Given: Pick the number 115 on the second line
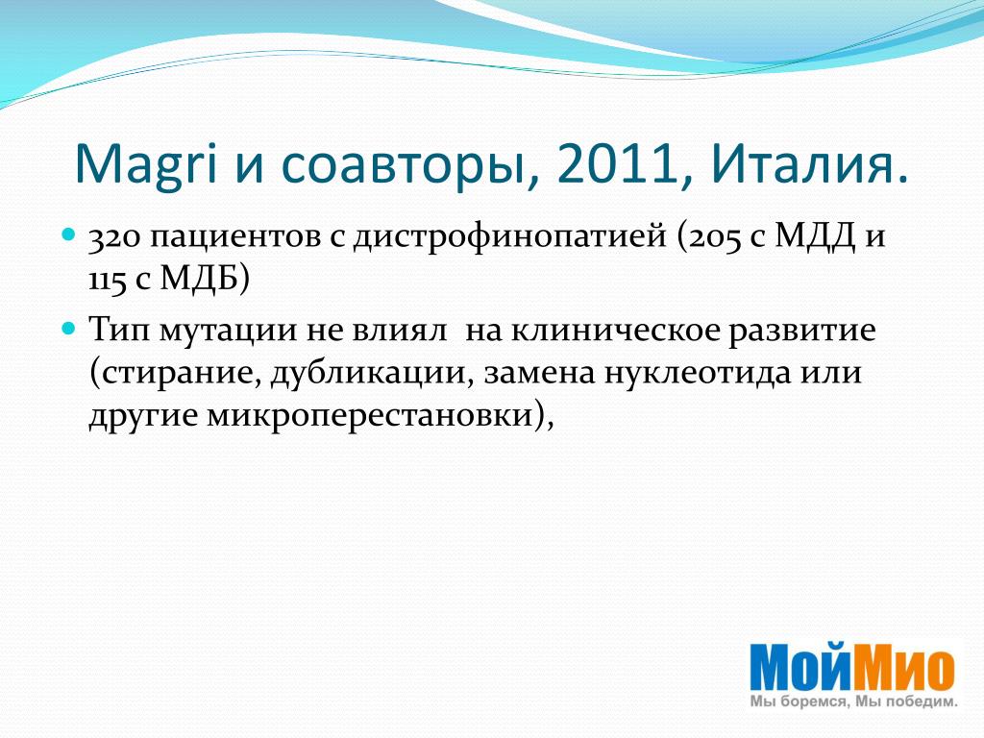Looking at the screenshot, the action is tap(107, 281).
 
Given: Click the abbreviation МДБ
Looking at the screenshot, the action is tap(198, 279).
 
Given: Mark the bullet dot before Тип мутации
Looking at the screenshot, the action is tap(69, 329).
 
